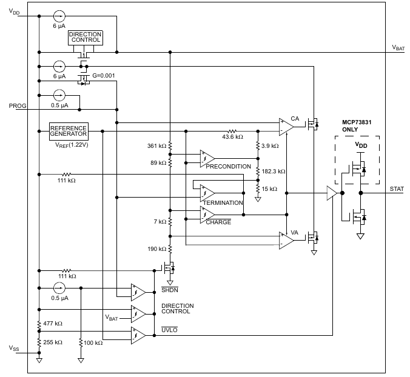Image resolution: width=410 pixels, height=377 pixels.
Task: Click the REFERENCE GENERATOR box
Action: coord(69,131)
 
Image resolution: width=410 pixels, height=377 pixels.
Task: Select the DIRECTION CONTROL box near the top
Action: coord(86,38)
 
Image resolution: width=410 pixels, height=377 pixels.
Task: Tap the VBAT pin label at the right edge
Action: coord(398,47)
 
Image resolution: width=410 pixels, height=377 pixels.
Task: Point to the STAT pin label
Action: coord(397,189)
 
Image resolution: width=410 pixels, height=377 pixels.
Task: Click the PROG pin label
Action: coord(18,106)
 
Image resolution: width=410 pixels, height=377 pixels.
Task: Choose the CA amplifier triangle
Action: coord(286,127)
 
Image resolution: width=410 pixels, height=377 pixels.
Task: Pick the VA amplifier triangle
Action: coord(286,241)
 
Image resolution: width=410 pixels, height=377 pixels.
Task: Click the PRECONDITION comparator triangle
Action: coord(207,159)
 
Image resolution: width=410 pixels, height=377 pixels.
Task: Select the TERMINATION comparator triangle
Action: coord(207,193)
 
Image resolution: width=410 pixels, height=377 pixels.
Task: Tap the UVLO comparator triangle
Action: coord(138,335)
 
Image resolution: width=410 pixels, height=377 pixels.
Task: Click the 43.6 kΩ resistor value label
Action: coord(232,136)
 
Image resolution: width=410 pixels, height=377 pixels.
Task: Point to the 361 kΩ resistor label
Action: coord(156,146)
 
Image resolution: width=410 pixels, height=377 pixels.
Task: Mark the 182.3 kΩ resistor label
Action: coord(274,172)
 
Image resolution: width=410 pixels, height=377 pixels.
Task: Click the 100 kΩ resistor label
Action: coord(93,343)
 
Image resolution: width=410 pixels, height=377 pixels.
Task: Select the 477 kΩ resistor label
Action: coord(53,324)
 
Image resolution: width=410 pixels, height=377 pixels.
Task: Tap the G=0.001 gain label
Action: coord(104,76)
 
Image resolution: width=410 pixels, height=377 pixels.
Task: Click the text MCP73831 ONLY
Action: coord(357,126)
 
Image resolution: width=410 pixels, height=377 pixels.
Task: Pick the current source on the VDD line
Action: coord(59,16)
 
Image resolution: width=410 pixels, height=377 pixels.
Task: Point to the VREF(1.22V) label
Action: coord(72,145)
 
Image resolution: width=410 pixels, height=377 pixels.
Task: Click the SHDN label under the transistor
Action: coord(170,290)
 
